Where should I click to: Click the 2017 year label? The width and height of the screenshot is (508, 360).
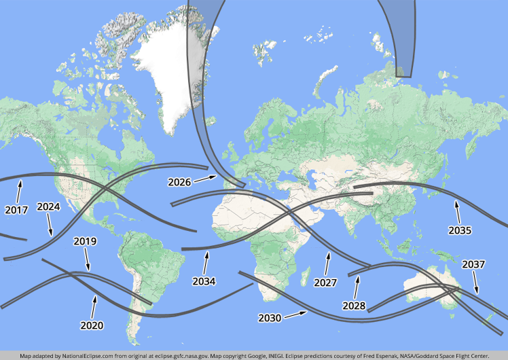click(16, 210)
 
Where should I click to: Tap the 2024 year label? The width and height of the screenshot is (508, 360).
click(48, 206)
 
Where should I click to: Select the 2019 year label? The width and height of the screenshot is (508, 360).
click(85, 241)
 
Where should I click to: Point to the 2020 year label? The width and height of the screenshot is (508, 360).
click(92, 325)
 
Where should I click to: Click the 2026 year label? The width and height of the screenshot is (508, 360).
click(180, 182)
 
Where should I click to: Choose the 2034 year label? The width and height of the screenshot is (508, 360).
click(204, 281)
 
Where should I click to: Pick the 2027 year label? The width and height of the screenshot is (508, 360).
click(325, 282)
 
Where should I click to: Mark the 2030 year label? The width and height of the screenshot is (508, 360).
click(270, 317)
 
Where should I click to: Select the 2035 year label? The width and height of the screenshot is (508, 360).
click(460, 230)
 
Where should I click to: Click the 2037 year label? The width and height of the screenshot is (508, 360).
click(473, 264)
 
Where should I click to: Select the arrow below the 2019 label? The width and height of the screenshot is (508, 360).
click(88, 259)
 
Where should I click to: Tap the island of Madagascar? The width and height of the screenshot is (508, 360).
click(300, 271)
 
